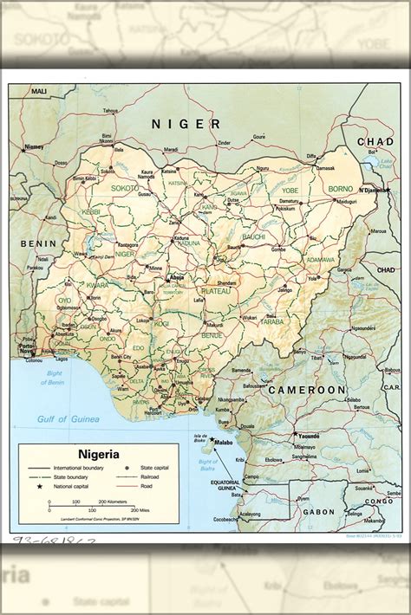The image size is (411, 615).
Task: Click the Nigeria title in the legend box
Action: point(99,453)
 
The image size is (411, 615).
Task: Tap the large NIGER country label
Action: point(186,124)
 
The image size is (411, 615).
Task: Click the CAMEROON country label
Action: point(306,391)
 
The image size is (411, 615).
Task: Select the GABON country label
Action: point(311,512)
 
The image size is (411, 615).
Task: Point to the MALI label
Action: point(40,91)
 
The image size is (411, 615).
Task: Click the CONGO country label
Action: point(378,501)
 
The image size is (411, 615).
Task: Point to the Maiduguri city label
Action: point(346,202)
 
